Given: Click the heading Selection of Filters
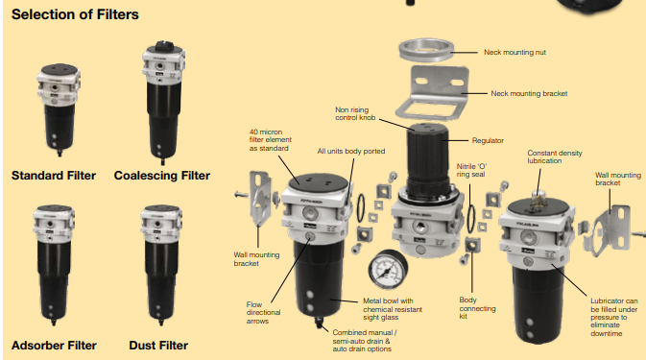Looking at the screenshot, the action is tap(75, 14).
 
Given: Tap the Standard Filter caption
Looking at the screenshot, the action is tap(54, 176).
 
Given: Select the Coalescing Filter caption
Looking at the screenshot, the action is tap(162, 176).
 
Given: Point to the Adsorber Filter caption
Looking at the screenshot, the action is tap(54, 346).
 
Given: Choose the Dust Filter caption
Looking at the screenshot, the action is tap(158, 346).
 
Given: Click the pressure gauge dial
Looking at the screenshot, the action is tap(388, 270).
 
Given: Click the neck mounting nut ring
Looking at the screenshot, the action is tap(426, 50).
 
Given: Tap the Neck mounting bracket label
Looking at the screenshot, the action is tap(529, 93).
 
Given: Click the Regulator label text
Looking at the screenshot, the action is tap(488, 140).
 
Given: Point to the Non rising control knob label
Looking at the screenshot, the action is tap(355, 113).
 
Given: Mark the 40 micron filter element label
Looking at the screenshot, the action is tap(271, 140).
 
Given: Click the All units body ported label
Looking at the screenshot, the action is tap(351, 151).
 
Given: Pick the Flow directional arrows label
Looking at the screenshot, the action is tap(263, 313).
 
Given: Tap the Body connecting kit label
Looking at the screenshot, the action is tap(477, 308).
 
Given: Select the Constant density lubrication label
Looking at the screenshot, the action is tap(555, 156).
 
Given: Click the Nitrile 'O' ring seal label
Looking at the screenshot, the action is tap(471, 170).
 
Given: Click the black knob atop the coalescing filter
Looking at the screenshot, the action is tap(163, 45).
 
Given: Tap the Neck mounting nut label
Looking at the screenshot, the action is tap(514, 52).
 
